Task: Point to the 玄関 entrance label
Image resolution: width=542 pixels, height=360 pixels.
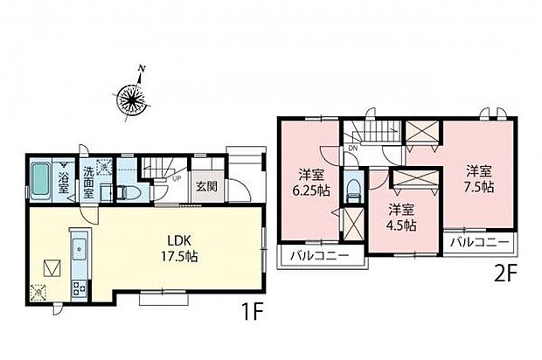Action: coord(206,185)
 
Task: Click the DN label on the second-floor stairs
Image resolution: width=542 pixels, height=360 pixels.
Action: coord(351,149)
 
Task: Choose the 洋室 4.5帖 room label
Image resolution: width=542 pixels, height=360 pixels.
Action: coord(401,217)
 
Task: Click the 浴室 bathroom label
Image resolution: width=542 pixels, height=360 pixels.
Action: coord(64,183)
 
